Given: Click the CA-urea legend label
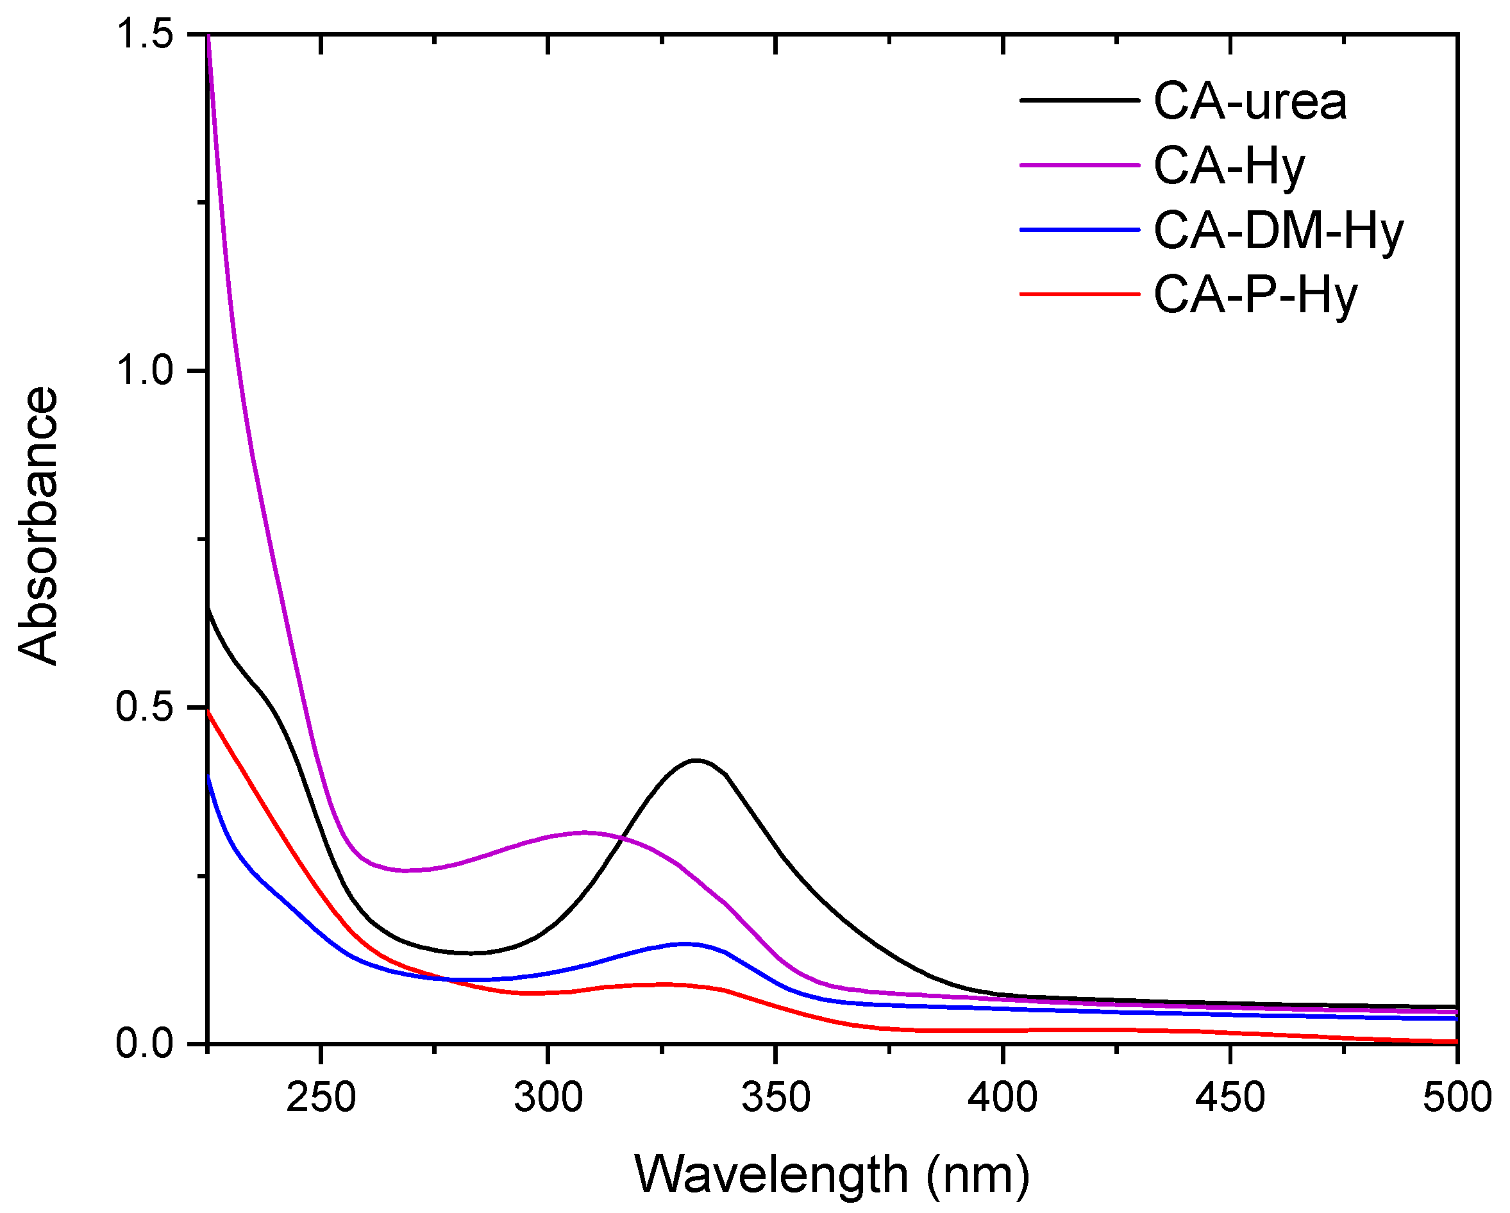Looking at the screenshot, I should pos(1250,102).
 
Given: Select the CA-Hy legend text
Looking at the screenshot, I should pos(1229,167).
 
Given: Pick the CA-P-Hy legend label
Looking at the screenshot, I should pos(1255,296).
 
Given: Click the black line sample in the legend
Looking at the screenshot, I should pos(1079,100).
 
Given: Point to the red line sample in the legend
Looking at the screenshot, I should pos(1079,294).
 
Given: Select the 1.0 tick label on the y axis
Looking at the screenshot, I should pos(145,371).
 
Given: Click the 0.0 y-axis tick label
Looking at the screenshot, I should pos(145,1044).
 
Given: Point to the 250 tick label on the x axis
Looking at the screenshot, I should pos(321,1098).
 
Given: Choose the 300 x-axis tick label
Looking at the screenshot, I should pos(548,1098).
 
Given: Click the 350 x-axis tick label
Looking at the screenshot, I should pos(776,1098).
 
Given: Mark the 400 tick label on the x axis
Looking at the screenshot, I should pos(1003,1098).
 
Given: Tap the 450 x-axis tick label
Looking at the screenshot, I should pos(1230,1098).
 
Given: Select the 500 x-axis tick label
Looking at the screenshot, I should pos(1457,1098).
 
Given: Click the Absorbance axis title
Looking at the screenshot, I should pos(38,525).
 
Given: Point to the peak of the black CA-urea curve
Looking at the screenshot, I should pos(696,760).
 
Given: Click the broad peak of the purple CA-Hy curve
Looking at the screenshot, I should pos(585,833).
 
